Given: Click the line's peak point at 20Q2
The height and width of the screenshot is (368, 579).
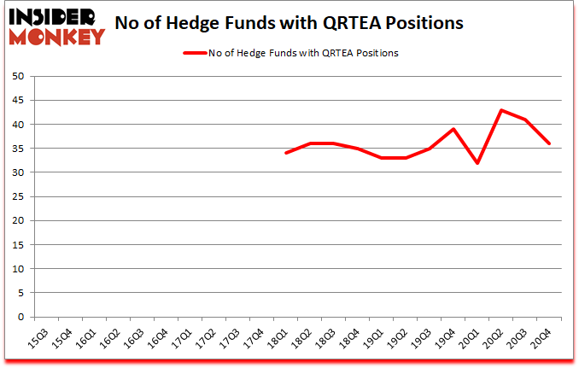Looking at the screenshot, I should pyautogui.click(x=500, y=110).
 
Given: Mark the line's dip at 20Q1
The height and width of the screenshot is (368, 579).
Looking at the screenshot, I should pyautogui.click(x=477, y=163).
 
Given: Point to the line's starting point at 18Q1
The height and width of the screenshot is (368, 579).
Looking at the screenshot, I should pyautogui.click(x=285, y=154).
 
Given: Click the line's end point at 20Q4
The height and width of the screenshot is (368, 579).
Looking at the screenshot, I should pyautogui.click(x=548, y=143).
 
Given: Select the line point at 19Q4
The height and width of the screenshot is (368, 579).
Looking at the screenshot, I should pyautogui.click(x=453, y=129).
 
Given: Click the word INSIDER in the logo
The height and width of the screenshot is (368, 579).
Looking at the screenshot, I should pyautogui.click(x=56, y=17).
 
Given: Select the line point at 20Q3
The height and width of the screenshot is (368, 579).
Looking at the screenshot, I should pyautogui.click(x=524, y=120).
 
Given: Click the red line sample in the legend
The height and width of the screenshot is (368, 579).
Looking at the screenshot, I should pyautogui.click(x=194, y=53).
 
